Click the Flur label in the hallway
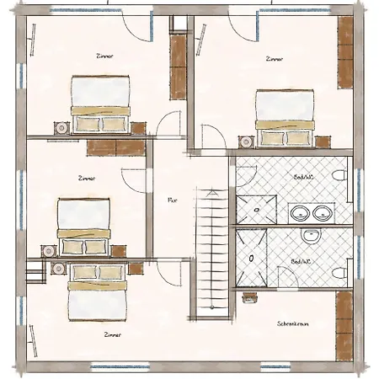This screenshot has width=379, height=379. pos(172,200)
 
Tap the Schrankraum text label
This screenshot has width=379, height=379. pos(289,323)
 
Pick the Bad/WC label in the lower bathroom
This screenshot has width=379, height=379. pos(301,262)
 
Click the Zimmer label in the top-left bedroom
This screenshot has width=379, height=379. pos(104,56)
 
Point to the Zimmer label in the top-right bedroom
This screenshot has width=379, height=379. pos(274,59)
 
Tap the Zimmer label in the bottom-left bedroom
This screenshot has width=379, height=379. pos(111,334)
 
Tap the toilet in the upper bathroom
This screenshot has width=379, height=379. pos(339,176)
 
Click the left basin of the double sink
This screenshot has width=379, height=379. pos(299,213)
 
